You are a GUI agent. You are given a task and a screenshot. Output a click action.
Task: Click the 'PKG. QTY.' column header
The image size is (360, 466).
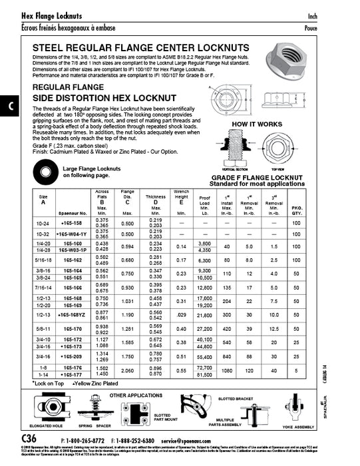296,209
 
